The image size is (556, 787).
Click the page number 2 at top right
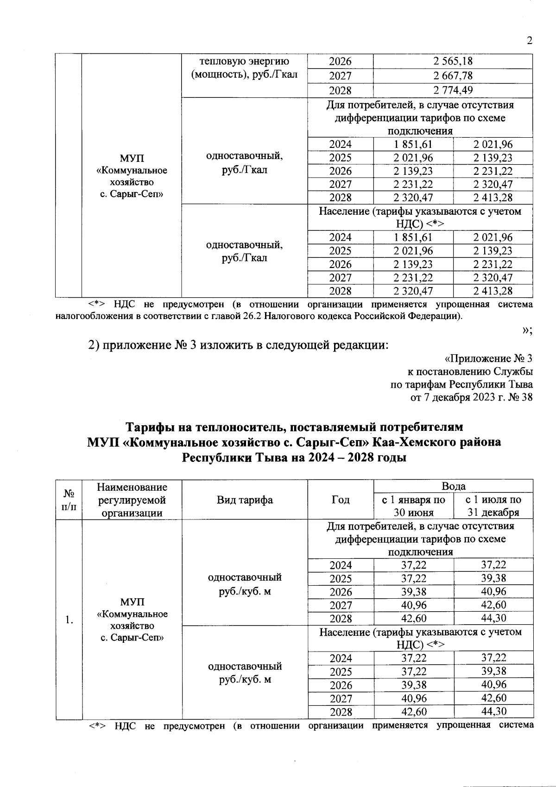coord(529,40)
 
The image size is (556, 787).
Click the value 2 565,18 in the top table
coord(453,61)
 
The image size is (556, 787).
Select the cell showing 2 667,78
coord(453,76)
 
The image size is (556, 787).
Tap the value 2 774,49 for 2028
coord(453,90)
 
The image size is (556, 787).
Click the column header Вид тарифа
coord(245,500)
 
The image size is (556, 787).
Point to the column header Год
coord(340,500)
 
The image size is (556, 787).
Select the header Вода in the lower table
coord(453,486)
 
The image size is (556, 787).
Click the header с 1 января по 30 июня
coord(413,506)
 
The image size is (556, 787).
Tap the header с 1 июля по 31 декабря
coord(493,506)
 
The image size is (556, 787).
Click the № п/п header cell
coord(69,500)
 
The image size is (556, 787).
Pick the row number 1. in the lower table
coord(69,620)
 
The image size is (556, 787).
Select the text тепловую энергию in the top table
coord(244,61)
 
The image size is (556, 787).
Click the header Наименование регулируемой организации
coord(132,500)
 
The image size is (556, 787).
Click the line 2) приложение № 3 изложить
coord(238,346)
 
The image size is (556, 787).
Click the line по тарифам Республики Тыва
coord(461,384)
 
